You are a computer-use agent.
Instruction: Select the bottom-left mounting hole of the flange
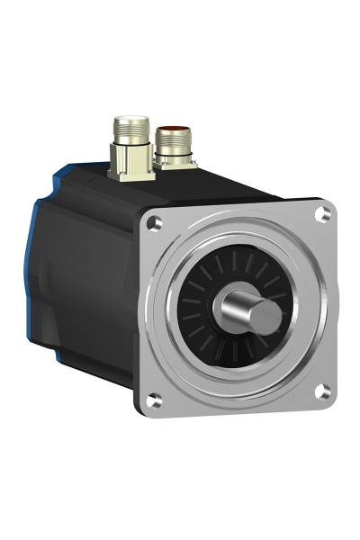pos(156,400)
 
